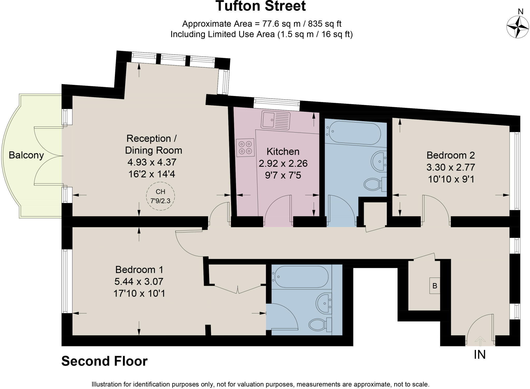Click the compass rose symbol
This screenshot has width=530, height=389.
click(x=517, y=27)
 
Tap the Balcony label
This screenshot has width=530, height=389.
click(x=26, y=155)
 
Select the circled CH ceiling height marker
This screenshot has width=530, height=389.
click(x=160, y=196)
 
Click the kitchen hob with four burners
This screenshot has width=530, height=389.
click(x=245, y=148)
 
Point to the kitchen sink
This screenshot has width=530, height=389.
click(x=275, y=120)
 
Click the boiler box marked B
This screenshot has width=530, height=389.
click(x=435, y=286)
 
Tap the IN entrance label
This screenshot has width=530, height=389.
click(x=480, y=355)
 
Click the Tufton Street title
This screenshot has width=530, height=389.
click(x=261, y=6)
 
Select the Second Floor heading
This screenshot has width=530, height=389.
click(x=104, y=361)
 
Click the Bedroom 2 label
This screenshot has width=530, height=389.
click(x=451, y=155)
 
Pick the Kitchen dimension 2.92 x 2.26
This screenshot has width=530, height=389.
click(x=283, y=164)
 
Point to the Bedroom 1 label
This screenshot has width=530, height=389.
click(x=139, y=270)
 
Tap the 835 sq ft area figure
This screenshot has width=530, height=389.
click(x=324, y=24)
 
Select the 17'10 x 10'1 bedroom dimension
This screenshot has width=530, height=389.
click(x=139, y=293)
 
